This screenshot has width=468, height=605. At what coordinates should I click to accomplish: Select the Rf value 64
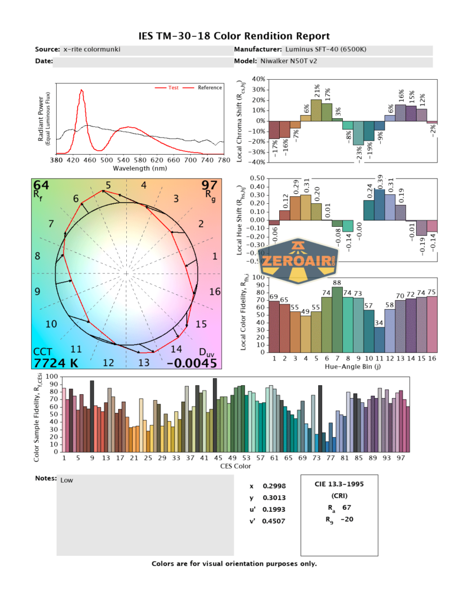point(41,187)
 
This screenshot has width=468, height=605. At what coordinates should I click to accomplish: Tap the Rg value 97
point(210,187)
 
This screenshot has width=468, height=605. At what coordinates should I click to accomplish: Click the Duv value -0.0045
point(192,363)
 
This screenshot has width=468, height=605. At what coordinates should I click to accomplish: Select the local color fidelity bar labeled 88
point(337,319)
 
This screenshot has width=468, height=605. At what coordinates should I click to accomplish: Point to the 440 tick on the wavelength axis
point(90,160)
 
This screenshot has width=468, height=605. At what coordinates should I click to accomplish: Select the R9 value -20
point(347,520)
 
